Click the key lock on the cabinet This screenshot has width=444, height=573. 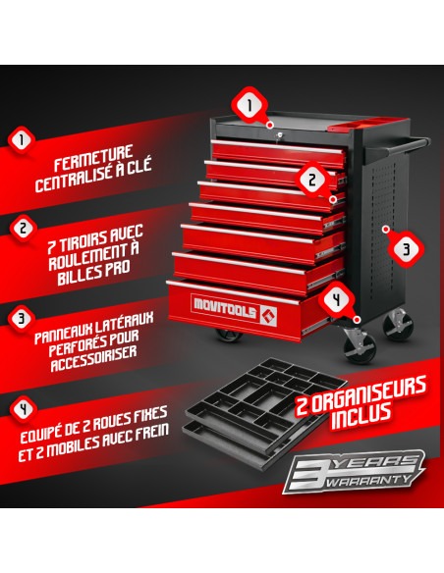279,134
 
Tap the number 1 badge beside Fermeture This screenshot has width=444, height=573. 22,140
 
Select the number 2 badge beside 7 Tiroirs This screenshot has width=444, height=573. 23,229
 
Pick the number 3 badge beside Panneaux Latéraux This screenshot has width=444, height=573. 22,318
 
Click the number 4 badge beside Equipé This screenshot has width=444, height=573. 24,409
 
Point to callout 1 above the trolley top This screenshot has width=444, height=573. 250,106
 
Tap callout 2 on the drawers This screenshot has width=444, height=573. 312,180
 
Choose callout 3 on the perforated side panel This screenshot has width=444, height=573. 406,249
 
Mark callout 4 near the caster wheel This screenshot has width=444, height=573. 337,300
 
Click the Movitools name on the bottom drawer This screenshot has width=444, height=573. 225,308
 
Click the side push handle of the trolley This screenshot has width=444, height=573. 397,146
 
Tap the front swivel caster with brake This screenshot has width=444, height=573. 359,344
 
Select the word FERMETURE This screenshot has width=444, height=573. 93,158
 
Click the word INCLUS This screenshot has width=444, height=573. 361,416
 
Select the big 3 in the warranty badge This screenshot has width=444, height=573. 307,474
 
